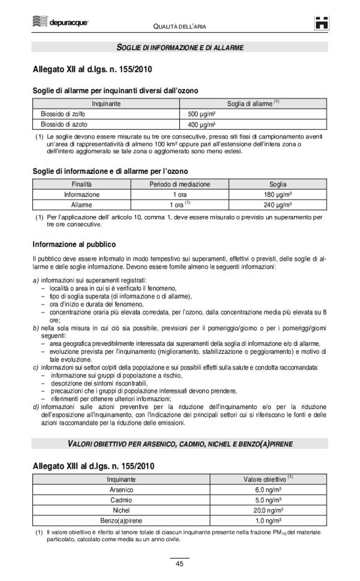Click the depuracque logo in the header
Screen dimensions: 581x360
(x=60, y=24)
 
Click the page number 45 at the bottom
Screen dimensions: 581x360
(x=179, y=564)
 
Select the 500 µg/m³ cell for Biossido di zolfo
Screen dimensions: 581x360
(x=202, y=114)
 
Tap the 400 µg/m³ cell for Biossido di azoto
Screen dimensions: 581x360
(x=202, y=124)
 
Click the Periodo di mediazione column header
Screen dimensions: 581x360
(x=180, y=184)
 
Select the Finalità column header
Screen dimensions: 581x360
(x=81, y=184)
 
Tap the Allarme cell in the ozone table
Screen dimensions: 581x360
(x=81, y=204)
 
